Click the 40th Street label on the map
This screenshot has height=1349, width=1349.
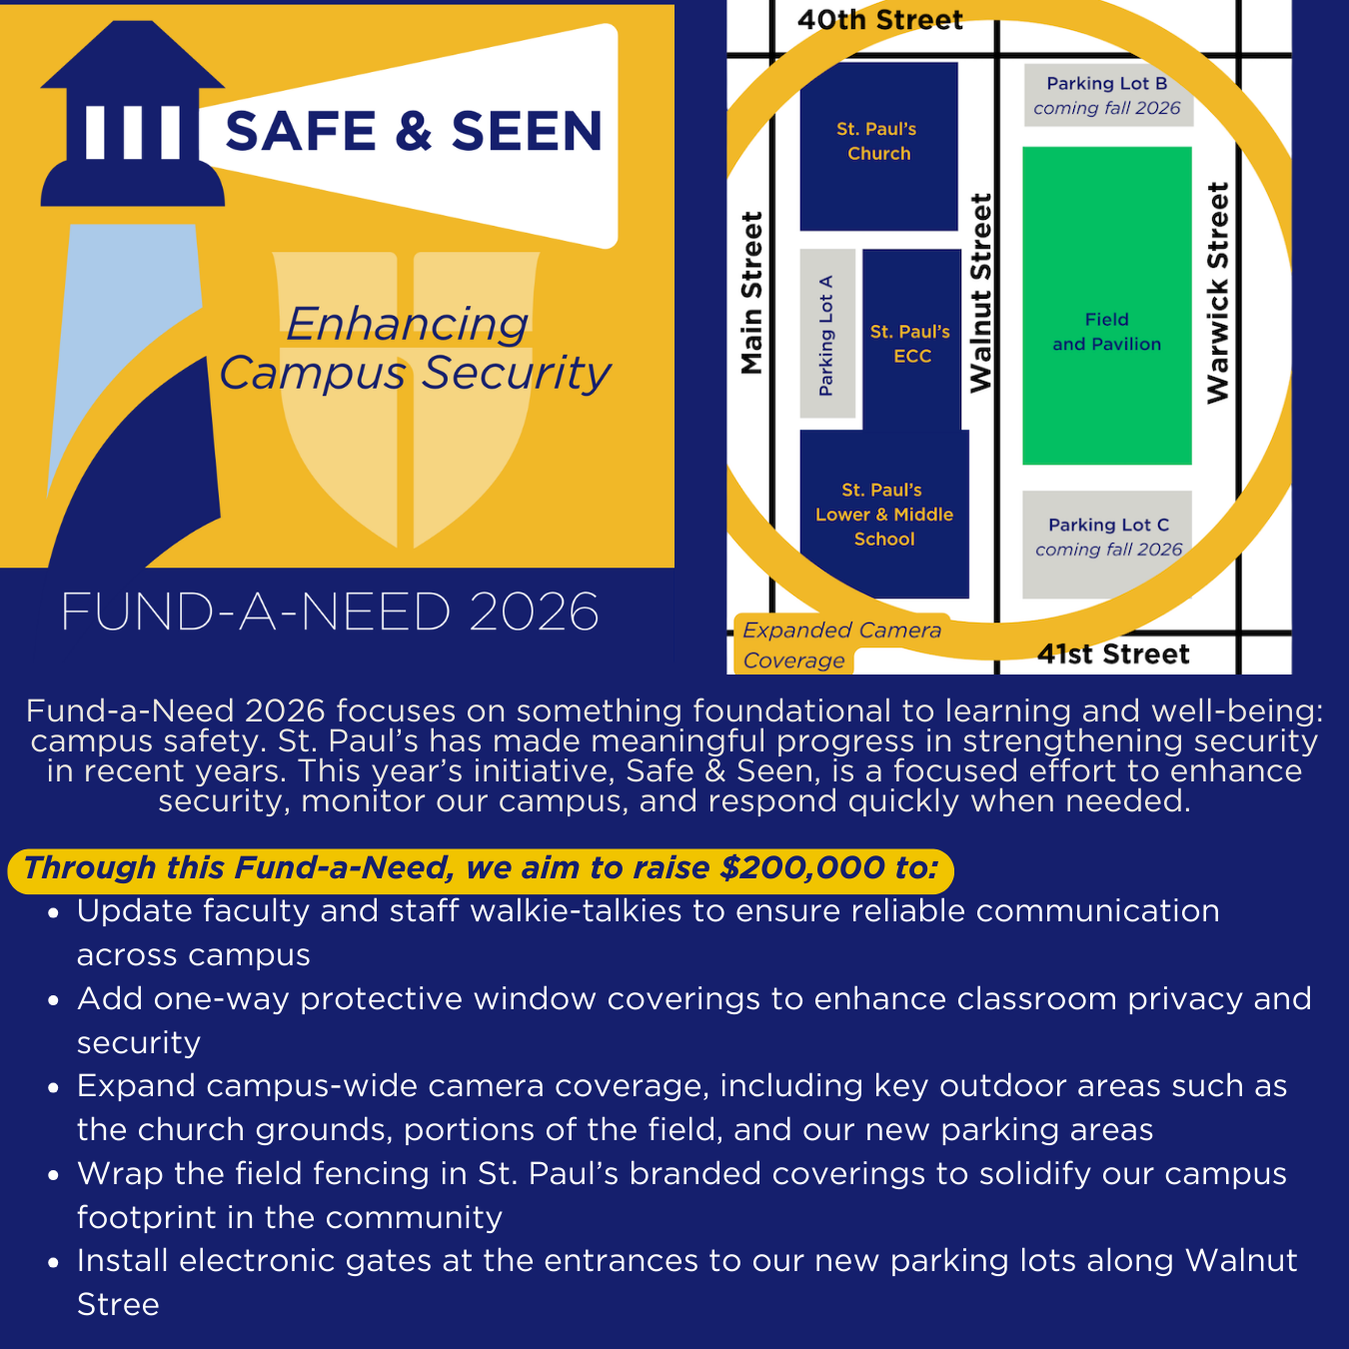click(879, 20)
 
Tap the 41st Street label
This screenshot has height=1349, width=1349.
click(1113, 655)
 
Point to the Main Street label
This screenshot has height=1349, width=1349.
click(751, 293)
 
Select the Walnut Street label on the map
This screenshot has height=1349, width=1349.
click(981, 293)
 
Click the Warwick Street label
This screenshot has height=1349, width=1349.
click(1217, 293)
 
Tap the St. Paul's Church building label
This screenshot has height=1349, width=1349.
click(878, 141)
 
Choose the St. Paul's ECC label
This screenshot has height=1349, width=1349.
click(910, 344)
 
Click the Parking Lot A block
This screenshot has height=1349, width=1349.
click(827, 335)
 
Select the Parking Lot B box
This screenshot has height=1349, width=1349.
click(1107, 96)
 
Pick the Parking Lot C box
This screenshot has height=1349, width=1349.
click(1108, 538)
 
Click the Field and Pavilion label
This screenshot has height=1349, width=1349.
click(1106, 332)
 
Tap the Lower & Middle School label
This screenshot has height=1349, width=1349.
click(884, 515)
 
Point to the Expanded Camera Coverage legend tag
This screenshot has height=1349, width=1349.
click(841, 645)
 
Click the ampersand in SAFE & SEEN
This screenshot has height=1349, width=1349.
click(413, 132)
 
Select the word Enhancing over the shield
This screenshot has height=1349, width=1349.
click(407, 324)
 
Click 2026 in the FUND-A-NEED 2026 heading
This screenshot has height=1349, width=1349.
click(534, 612)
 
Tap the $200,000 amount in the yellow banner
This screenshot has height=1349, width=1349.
click(802, 867)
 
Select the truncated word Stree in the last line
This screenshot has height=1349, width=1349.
click(118, 1305)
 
